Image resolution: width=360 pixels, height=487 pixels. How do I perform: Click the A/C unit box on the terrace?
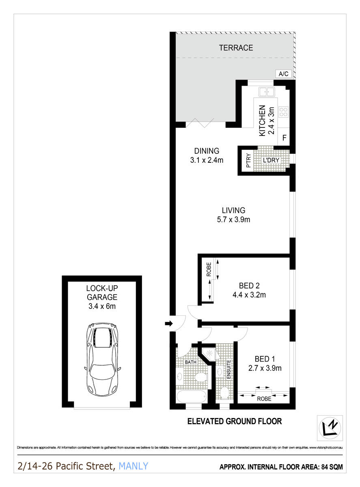coord(283,74)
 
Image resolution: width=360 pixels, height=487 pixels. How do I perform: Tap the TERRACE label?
coord(236,48)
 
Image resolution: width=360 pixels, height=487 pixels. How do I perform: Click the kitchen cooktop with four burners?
coord(284,111)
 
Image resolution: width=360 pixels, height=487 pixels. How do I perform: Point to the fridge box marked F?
coord(285,138)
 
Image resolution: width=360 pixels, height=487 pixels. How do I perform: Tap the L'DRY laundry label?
coord(271,160)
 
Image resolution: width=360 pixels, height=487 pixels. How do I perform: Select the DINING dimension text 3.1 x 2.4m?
coord(207,160)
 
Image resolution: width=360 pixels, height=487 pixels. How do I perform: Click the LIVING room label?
coord(233,210)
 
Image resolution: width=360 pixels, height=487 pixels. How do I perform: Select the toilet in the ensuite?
coord(224,393)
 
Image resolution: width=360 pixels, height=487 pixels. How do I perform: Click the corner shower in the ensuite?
coord(210,353)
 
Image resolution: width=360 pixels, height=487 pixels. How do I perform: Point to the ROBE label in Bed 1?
coord(264,399)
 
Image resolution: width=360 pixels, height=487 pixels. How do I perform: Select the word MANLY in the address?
coord(134,466)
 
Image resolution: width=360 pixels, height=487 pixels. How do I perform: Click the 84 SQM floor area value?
coord(330,467)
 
